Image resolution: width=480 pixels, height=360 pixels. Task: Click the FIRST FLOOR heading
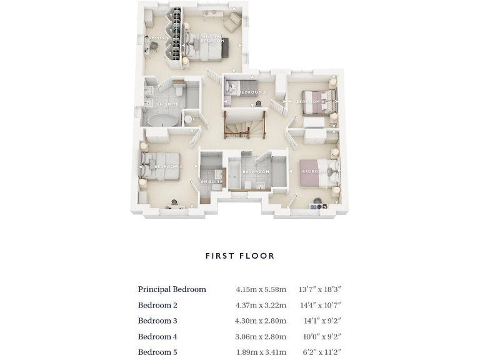pyautogui.click(x=240, y=256)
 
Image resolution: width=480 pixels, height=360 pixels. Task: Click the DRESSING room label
pyautogui.click(x=156, y=38)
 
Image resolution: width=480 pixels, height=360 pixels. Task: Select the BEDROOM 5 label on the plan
pyautogui.click(x=252, y=92)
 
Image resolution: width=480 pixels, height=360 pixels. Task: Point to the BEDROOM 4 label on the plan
pyautogui.click(x=311, y=101)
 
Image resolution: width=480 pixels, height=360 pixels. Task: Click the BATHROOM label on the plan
pyautogui.click(x=256, y=172)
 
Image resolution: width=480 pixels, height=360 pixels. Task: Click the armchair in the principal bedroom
pyautogui.click(x=232, y=22)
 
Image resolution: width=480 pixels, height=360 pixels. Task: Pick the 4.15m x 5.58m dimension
pyautogui.click(x=261, y=289)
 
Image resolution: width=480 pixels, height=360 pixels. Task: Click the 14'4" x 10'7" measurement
pyautogui.click(x=320, y=305)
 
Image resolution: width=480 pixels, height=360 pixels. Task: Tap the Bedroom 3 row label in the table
pyautogui.click(x=157, y=321)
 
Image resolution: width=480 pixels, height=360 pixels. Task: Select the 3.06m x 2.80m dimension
pyautogui.click(x=261, y=337)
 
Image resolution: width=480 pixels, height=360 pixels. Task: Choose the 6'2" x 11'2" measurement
pyautogui.click(x=320, y=352)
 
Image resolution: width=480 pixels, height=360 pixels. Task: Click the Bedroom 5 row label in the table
pyautogui.click(x=157, y=352)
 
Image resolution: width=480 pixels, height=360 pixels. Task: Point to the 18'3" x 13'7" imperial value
pyautogui.click(x=320, y=289)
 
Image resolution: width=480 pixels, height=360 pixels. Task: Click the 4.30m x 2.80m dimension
pyautogui.click(x=261, y=321)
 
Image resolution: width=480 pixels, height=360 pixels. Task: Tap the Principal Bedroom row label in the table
pyautogui.click(x=172, y=289)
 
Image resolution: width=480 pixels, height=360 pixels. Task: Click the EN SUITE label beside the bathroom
pyautogui.click(x=211, y=182)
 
